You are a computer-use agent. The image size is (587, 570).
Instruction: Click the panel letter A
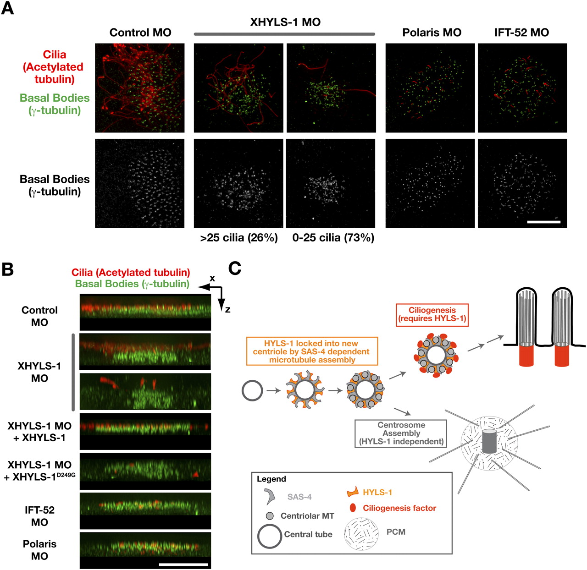point(7,8)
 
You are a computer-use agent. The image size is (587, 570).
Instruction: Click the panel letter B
point(7,269)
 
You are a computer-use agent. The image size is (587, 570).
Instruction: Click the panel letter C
point(235,269)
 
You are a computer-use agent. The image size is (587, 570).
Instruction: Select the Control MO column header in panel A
point(140,33)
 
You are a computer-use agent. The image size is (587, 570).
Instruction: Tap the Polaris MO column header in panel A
point(432,33)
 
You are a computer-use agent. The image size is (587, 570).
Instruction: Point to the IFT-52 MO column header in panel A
point(521,33)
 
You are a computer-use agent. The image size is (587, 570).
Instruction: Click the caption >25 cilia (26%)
point(239,237)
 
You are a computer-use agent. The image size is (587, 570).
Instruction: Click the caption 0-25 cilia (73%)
point(333,237)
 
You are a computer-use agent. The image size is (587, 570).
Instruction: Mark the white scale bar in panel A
point(544,222)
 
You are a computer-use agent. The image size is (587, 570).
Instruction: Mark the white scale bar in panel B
point(183,564)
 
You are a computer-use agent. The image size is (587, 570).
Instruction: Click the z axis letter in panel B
point(227,310)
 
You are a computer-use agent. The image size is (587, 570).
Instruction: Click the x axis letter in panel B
point(212,278)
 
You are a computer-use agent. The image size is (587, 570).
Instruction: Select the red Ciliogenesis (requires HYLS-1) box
point(432,314)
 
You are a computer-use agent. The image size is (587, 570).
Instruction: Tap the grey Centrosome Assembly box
point(401,433)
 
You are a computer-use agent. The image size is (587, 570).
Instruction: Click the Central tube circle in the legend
point(270,536)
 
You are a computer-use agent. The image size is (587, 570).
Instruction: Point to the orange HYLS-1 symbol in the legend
point(352,493)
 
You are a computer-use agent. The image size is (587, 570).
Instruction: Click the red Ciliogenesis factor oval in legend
point(353,508)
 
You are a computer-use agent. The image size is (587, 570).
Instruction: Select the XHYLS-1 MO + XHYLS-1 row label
point(39,432)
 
